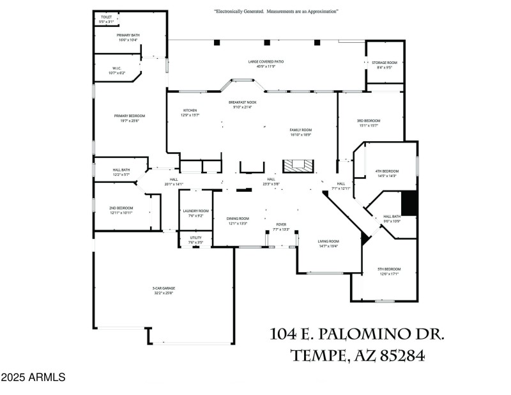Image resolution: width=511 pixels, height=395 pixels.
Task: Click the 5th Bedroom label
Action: coord(389,272)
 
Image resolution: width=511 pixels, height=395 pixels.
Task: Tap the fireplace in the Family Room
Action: coord(299,165)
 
